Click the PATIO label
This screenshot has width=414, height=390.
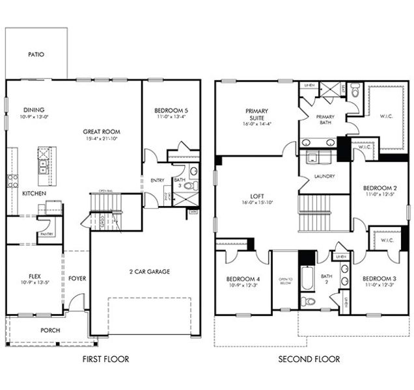click(36, 55)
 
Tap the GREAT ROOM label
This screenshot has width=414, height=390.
click(102, 131)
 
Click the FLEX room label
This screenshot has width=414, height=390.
click(34, 275)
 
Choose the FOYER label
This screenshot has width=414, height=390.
click(77, 278)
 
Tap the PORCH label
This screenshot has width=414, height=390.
click(49, 330)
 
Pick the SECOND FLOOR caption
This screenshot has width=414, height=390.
click(309, 359)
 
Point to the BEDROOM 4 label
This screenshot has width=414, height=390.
click(243, 278)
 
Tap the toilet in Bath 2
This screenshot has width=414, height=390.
click(309, 301)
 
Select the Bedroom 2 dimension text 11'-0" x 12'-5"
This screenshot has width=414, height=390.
click(381, 194)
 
